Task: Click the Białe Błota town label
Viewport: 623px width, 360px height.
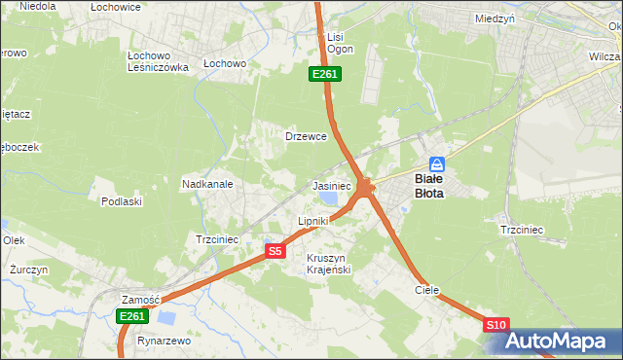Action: pos(430,186)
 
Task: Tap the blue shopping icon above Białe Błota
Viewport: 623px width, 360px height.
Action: pos(437,164)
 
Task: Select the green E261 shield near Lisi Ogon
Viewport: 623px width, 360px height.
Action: pos(324,74)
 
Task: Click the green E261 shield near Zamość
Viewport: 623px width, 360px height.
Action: pos(132,316)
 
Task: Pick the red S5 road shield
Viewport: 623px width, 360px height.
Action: pos(275,251)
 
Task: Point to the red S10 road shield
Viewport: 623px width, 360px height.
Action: pos(495,325)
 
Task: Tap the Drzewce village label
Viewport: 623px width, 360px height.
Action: pos(305,136)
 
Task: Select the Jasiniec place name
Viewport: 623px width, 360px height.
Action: pos(331,185)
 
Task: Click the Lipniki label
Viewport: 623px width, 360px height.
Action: pos(313,221)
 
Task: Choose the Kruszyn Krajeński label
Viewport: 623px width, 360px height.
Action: pos(328,263)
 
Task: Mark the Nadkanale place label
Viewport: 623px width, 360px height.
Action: pos(206,183)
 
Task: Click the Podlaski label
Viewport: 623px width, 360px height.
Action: pos(122,201)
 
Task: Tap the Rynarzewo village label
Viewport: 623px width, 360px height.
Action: pos(164,342)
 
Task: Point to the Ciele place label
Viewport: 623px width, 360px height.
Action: pos(426,290)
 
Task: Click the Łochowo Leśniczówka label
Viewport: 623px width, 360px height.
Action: pos(158,61)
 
